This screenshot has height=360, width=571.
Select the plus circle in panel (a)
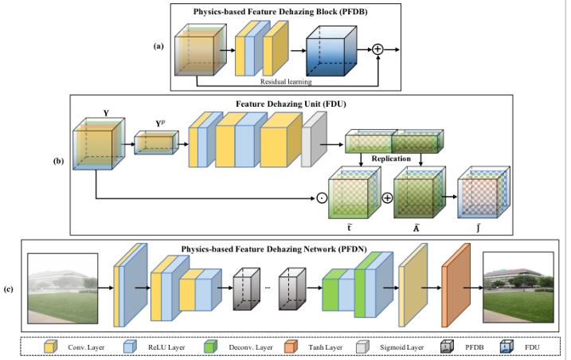pos(377,49)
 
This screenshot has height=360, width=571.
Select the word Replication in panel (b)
pos(390,158)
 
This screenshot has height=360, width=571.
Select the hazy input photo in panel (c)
pos(63,290)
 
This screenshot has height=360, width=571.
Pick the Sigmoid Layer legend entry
pos(402,347)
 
